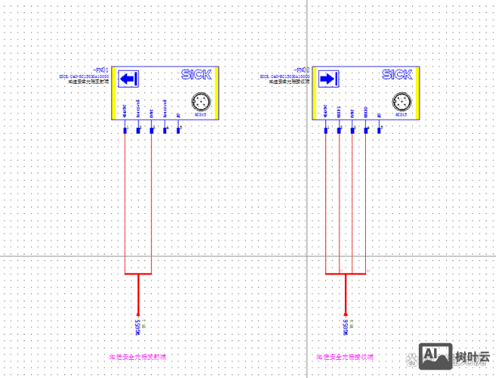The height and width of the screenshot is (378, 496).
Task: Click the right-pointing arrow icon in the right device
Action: [x=327, y=79]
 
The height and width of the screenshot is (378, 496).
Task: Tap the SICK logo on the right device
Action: [x=397, y=74]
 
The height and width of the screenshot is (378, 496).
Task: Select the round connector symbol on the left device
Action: [x=200, y=101]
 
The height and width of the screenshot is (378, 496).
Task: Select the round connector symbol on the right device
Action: [x=401, y=101]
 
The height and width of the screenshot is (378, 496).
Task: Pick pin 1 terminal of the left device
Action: [x=125, y=130]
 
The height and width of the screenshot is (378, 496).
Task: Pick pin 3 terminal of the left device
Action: [x=152, y=130]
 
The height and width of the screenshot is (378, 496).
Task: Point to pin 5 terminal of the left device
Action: [x=178, y=130]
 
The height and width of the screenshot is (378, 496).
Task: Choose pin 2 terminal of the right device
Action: [x=339, y=130]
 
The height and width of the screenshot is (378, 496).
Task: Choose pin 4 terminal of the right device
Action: [x=366, y=130]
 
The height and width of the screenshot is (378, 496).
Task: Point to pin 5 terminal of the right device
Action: [x=380, y=130]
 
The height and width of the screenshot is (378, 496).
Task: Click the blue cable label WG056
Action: [x=345, y=327]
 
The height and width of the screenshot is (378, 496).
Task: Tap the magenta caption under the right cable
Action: [x=345, y=355]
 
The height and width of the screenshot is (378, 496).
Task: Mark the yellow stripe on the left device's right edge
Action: [x=215, y=94]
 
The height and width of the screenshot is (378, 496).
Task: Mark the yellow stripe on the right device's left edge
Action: [x=315, y=94]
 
